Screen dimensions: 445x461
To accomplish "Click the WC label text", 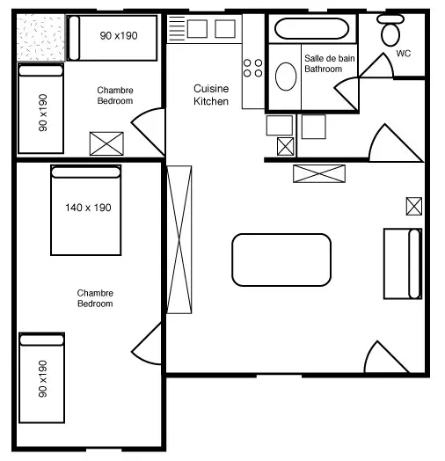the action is tap(404, 54).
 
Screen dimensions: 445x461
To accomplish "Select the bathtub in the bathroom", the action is tap(311, 28).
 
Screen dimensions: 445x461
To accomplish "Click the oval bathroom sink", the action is tap(286, 77).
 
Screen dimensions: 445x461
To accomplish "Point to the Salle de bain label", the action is tap(330, 58).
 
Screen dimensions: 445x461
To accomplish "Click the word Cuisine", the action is tap(211, 89).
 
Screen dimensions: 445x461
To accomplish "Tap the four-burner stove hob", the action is tap(252, 68).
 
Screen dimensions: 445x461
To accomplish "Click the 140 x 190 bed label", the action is tap(88, 208).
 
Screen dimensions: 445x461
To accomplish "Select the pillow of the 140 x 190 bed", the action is tap(86, 172).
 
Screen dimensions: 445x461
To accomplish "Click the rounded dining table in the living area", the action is tap(281, 260).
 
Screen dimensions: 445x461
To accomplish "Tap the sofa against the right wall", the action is tap(403, 264).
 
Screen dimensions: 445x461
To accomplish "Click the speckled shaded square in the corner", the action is tap(40, 38).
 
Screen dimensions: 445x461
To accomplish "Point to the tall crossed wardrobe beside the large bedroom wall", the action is tap(179, 239).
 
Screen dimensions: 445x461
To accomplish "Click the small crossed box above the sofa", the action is tap(414, 206).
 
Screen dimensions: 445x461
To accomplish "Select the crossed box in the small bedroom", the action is tap(106, 143).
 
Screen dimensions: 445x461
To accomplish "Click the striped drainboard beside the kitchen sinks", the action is tap(177, 28).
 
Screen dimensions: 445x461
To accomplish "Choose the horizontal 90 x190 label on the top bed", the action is tap(119, 35).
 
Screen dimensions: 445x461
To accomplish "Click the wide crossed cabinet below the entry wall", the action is tap(319, 174).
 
